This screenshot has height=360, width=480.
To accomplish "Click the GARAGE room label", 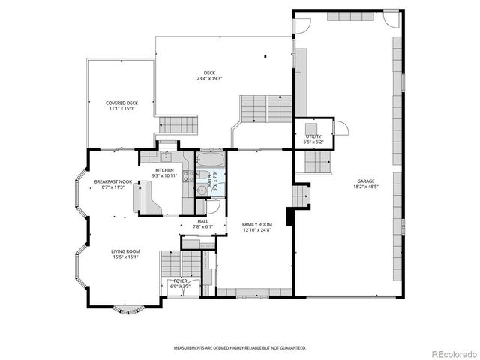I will point(367,181).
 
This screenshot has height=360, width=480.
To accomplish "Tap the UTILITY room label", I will point(313,136).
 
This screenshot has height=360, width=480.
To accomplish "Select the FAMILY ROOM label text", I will point(256,224).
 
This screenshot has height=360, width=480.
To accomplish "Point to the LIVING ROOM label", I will point(126,251).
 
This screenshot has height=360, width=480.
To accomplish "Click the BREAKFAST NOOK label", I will point(113,182).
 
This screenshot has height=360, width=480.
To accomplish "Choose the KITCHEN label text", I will point(164,170).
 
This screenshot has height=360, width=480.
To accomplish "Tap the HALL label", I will point(203,221).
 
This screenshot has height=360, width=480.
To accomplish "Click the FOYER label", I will point(180,280).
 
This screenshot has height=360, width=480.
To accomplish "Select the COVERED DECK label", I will point(121,103).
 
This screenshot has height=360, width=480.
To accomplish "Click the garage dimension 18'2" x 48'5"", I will point(367,187).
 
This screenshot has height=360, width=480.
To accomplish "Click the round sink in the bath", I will point(201,191).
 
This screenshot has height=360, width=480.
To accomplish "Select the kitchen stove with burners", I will point(189,178).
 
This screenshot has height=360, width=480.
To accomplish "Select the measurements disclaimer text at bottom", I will point(240,347).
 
